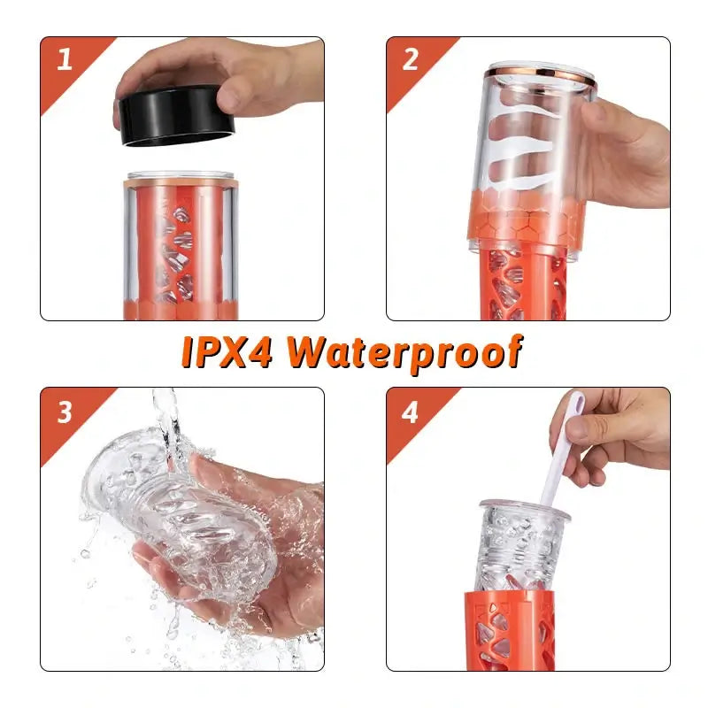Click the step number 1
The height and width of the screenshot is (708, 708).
tap(65, 61)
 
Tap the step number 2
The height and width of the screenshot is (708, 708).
tap(411, 60)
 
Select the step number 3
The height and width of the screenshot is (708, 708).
tap(65, 412)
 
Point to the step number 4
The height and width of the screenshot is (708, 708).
tap(411, 412)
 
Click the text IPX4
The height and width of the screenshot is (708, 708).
tap(229, 352)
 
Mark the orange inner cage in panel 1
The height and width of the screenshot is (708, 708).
tap(177, 248)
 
